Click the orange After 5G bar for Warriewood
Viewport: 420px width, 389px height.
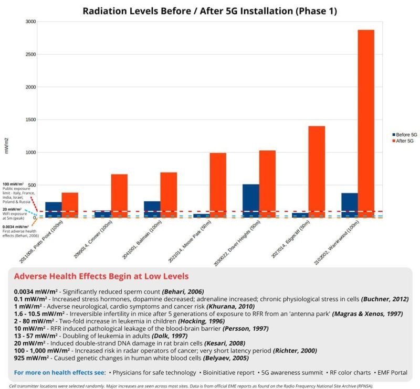(366, 124)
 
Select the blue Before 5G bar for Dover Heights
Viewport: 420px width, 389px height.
(251, 201)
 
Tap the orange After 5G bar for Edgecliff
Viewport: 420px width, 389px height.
(317, 172)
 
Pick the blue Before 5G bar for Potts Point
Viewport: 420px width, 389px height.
(54, 210)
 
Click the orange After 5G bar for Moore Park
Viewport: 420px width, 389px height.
(218, 186)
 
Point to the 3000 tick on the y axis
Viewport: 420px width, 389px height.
(30, 21)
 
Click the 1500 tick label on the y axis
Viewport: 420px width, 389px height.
(30, 120)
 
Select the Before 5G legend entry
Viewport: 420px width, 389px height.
(404, 135)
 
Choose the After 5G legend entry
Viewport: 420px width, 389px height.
(403, 141)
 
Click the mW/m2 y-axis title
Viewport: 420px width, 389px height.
(6, 146)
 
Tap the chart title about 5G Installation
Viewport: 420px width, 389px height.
(209, 11)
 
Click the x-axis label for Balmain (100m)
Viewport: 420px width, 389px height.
(142, 240)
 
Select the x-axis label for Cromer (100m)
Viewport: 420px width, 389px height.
(93, 240)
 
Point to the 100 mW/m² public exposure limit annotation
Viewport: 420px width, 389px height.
(18, 193)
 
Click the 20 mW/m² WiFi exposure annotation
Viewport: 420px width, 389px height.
(15, 214)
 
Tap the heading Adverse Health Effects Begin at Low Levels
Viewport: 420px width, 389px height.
(101, 276)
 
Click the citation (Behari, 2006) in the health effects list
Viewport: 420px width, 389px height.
(183, 291)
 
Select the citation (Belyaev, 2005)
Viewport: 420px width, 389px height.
(226, 358)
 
